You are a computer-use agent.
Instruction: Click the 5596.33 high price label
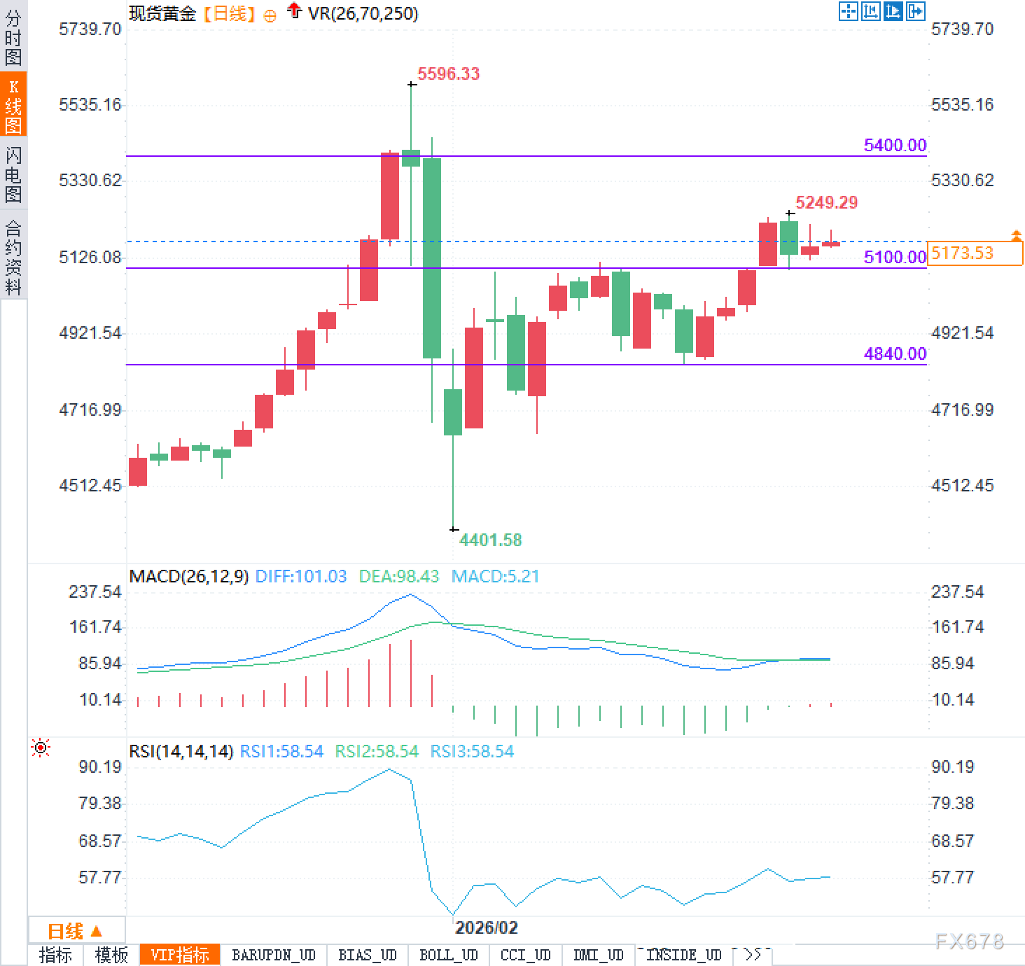click(x=448, y=73)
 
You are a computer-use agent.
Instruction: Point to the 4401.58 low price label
click(x=490, y=540)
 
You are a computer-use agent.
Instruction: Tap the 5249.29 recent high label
click(x=826, y=202)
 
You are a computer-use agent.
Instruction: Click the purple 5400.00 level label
click(x=895, y=145)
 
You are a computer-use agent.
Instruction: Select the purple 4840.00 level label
click(x=895, y=353)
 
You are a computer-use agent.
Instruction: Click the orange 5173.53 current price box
click(x=974, y=253)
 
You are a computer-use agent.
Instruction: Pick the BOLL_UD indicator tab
click(x=448, y=955)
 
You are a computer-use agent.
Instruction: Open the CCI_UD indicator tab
click(x=525, y=955)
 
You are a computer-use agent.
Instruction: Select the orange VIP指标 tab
click(x=180, y=955)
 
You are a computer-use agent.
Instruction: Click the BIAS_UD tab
click(x=367, y=955)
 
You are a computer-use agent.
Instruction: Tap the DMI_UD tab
click(x=598, y=955)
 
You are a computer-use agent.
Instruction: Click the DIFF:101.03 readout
click(x=301, y=576)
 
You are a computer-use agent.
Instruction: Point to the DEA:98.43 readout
click(x=398, y=576)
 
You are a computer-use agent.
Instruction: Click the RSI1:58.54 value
click(x=281, y=751)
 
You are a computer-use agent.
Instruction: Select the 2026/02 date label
click(x=487, y=927)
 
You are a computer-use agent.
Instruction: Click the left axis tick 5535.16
click(x=90, y=104)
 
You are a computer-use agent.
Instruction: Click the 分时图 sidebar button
click(x=13, y=36)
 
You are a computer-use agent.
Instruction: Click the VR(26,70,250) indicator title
click(x=363, y=13)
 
